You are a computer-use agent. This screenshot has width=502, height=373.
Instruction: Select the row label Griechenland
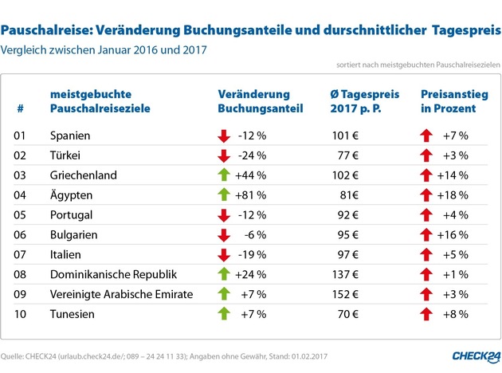coord(83,175)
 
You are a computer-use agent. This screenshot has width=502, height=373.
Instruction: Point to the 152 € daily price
coord(343,294)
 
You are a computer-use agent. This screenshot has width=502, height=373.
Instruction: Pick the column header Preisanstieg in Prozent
coord(449,100)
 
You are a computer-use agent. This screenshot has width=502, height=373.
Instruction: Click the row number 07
coord(22,254)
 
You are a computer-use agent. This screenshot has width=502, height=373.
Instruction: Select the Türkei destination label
coord(66,155)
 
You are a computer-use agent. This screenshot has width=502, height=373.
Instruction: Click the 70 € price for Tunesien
coord(345,314)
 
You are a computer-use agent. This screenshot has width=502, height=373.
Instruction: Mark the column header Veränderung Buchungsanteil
coord(253,100)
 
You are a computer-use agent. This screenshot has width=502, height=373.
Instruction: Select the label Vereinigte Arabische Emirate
coord(121,294)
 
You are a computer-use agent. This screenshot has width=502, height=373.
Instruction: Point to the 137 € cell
coord(343,274)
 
